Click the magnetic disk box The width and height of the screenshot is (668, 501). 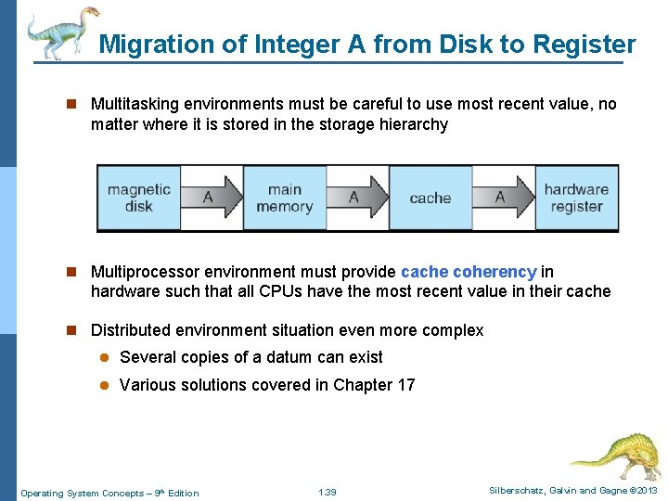tap(139, 198)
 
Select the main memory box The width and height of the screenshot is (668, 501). tap(284, 198)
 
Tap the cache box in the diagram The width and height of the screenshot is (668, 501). tap(430, 198)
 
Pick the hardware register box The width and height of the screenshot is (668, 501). tap(576, 198)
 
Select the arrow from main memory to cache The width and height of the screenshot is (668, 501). tap(357, 198)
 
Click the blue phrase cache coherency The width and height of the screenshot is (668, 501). tap(469, 272)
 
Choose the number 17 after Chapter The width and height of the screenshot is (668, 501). tap(405, 385)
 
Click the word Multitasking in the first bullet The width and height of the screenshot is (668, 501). tap(137, 104)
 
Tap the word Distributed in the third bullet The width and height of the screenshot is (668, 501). tap(134, 330)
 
